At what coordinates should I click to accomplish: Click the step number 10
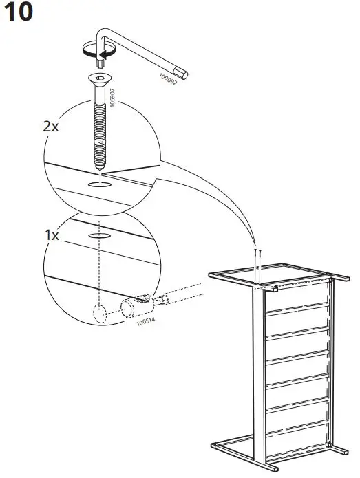point(19,14)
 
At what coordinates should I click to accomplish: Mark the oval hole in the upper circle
point(99,186)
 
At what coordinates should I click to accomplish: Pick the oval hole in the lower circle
point(99,235)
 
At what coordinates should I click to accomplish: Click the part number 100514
point(145,321)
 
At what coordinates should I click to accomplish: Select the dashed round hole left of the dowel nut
point(100,313)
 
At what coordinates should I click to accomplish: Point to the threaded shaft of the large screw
point(98,127)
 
